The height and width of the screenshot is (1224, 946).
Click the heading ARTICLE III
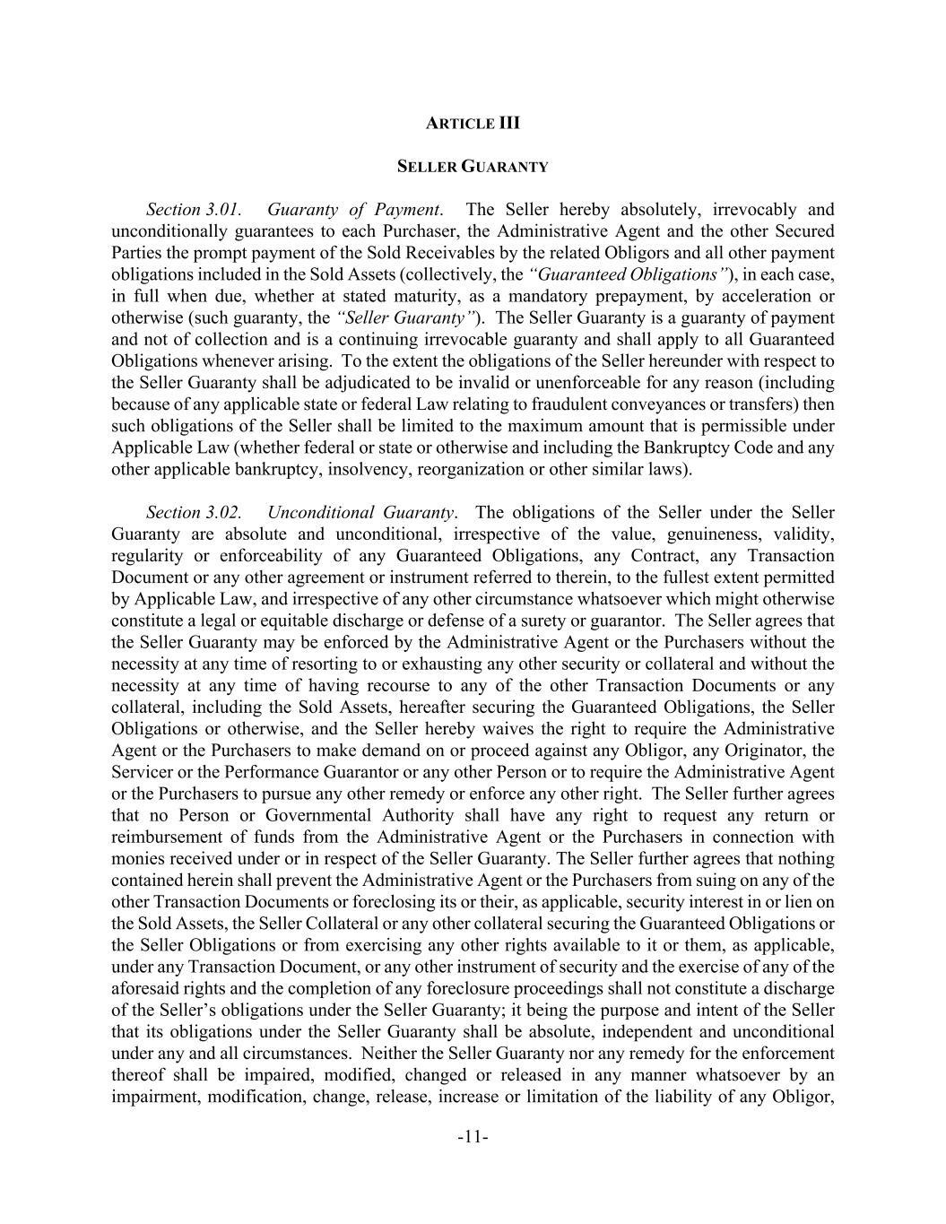point(473,123)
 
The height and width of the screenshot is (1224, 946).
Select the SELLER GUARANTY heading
point(473,167)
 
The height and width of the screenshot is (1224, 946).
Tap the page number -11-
point(473,1138)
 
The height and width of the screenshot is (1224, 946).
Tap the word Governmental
point(298,816)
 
